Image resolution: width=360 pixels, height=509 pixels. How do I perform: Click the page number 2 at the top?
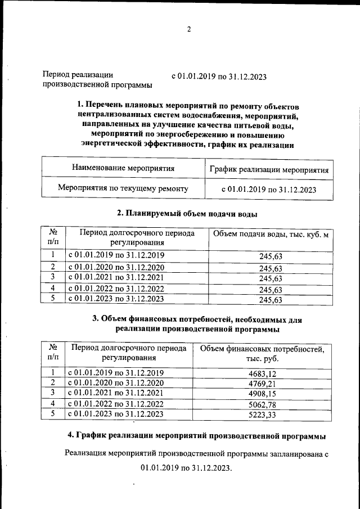(189, 30)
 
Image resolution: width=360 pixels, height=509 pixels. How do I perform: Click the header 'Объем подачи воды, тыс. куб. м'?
(269, 234)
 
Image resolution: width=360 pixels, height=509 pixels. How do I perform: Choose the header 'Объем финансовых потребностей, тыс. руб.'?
(262, 354)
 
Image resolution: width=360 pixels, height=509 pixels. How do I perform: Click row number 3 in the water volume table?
(52, 277)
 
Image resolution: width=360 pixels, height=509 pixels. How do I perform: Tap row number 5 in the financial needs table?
(52, 414)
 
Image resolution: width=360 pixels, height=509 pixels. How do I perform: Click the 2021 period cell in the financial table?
(116, 393)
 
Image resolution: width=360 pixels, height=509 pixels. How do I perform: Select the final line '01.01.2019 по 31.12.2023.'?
(186, 468)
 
